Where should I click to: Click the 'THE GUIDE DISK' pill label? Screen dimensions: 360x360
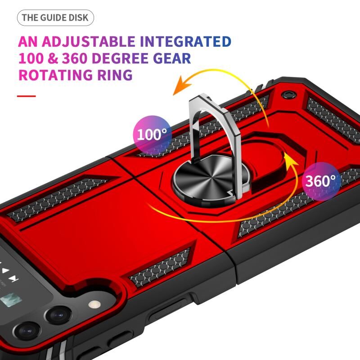[55, 18]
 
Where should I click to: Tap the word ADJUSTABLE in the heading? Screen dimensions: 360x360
[88, 41]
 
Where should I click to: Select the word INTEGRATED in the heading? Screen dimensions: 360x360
[185, 41]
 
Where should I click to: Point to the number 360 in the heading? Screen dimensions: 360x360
[75, 58]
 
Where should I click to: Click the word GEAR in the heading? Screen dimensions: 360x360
[172, 58]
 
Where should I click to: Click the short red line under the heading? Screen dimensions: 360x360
[27, 96]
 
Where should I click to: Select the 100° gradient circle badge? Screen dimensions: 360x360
[152, 135]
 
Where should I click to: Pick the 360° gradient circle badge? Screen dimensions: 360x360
[321, 181]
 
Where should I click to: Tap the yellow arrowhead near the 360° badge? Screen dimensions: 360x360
[290, 160]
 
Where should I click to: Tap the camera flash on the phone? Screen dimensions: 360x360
[94, 304]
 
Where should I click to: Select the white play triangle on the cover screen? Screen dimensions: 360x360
[5, 270]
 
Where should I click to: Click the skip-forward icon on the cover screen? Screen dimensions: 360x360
[14, 279]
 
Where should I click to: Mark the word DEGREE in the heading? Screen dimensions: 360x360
[120, 58]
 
